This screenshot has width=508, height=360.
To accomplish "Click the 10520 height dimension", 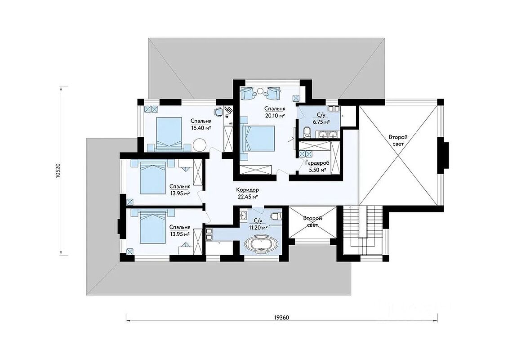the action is click(x=58, y=170).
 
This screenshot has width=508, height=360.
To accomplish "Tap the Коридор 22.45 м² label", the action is click(x=247, y=193).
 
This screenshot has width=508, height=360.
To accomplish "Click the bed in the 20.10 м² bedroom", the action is click(x=258, y=139).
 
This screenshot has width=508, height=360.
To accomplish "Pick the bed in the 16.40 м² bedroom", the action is click(x=169, y=133).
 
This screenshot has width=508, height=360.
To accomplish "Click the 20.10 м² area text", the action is click(x=275, y=116).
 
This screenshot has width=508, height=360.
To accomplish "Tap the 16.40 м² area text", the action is click(x=201, y=128).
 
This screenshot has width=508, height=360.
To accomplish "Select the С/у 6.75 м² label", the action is click(x=321, y=119).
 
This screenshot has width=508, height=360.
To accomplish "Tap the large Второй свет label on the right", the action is click(x=398, y=141).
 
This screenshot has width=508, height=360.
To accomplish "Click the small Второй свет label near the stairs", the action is click(x=312, y=222).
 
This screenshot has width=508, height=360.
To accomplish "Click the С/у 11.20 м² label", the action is click(x=258, y=224).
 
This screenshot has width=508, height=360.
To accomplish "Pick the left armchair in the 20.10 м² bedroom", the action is click(x=247, y=93).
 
